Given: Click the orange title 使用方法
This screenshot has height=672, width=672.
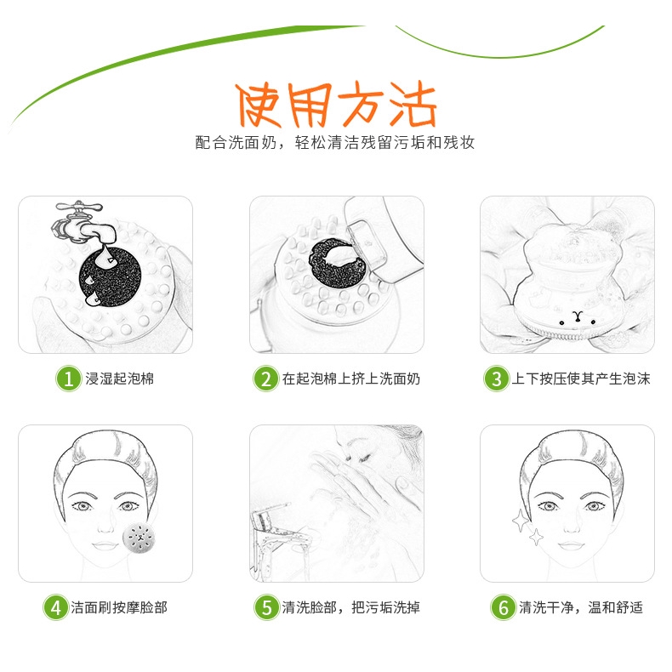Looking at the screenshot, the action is pos(336,105).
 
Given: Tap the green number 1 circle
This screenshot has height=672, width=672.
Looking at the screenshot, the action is pos(69,379).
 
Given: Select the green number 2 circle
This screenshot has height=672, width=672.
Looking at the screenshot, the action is pos(265,379).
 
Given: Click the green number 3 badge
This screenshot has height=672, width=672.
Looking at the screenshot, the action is pos(496,379).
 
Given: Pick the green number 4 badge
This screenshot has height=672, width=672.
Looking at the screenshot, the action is pos(56,607).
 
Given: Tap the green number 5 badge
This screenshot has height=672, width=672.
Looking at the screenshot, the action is pos(266,607).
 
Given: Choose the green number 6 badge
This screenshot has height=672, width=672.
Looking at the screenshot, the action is pos(503,607).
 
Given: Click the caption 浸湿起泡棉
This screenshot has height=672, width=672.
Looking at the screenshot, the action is pos(120,379).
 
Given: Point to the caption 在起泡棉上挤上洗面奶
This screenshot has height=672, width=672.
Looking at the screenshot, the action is pos(351,379).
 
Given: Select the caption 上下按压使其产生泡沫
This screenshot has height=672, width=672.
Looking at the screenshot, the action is pos(581,379).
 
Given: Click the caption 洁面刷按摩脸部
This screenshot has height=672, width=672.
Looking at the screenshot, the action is pos(119,607).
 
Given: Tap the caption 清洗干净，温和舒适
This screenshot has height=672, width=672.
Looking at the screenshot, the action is pos(581,607).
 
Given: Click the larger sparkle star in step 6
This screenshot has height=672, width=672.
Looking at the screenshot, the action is pos(521,521).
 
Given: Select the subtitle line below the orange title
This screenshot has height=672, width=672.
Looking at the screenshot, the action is pos(335,142).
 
